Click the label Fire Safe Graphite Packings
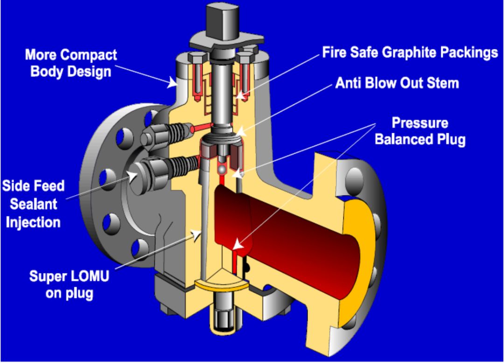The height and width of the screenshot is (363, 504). tap(410, 52)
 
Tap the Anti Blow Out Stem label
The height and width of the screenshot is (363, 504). tap(397, 83)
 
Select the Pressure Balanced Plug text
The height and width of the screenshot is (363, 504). tap(420, 131)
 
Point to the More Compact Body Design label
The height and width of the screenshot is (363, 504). tap(71, 63)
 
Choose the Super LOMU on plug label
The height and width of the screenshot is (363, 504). tap(70, 284)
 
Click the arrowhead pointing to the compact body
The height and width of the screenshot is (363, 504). tap(173, 84)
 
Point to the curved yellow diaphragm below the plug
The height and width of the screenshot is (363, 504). tap(219, 284)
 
